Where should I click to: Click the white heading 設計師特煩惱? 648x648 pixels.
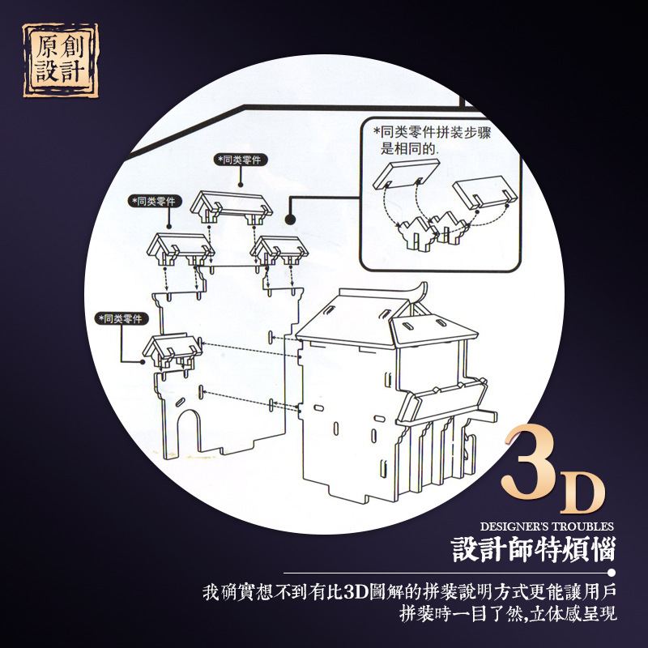pos(534,549)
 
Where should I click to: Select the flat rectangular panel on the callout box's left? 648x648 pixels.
pos(407,174)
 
